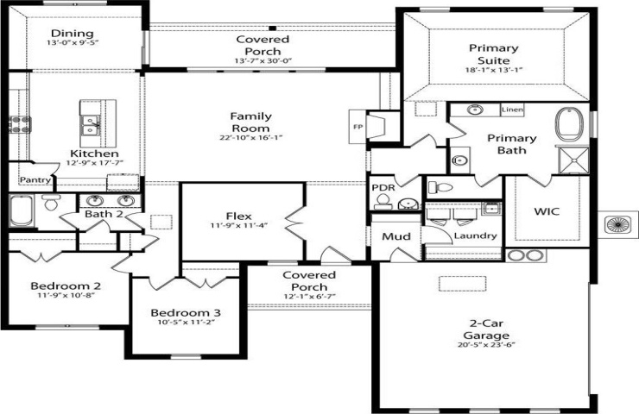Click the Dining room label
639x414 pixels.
point(73,34)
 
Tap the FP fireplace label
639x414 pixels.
point(357,127)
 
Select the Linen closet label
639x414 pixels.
point(512,110)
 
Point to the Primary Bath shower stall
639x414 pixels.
point(573,160)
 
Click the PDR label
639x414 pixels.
point(383,188)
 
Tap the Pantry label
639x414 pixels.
point(35,179)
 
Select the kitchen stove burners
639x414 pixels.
point(20,124)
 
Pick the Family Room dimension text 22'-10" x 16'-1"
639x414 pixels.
point(251,138)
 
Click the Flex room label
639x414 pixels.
point(239,216)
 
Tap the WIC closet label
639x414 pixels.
point(547,211)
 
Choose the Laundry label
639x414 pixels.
point(475,235)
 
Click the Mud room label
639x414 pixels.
point(396,236)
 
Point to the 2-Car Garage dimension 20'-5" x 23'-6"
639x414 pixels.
point(486,345)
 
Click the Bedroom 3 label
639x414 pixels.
point(186,312)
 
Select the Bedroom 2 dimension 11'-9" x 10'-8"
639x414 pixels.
point(66,295)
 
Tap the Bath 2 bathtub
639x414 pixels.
point(21,210)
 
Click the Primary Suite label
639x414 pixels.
point(494,54)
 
